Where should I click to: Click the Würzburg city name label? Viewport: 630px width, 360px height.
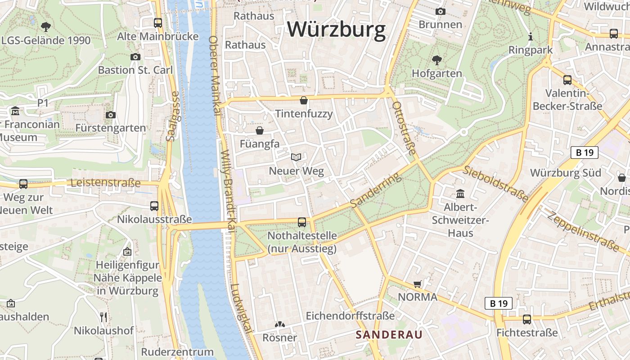click(x=337, y=30)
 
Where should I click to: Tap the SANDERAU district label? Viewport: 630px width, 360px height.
click(x=389, y=335)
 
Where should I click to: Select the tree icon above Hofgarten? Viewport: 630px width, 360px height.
click(x=436, y=60)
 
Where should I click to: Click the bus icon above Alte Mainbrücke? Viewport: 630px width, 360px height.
click(x=157, y=22)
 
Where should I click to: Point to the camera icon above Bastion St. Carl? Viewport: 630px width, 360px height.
click(x=135, y=57)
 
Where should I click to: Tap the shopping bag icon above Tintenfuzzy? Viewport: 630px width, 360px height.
click(x=304, y=100)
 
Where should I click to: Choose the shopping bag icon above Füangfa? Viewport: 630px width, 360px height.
click(x=260, y=130)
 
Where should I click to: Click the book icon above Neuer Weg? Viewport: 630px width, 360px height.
click(x=296, y=157)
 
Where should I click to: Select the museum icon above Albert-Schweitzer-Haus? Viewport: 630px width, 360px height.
click(x=460, y=193)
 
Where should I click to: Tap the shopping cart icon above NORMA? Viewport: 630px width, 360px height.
click(x=417, y=284)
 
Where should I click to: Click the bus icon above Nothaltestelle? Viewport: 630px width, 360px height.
click(x=301, y=222)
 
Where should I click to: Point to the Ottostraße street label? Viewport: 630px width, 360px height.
click(x=404, y=127)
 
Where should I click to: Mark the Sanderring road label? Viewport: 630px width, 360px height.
click(x=375, y=191)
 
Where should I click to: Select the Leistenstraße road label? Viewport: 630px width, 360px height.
click(x=106, y=183)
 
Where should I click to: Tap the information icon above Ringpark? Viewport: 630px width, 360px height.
click(x=531, y=36)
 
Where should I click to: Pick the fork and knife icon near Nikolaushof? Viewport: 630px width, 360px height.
click(x=103, y=317)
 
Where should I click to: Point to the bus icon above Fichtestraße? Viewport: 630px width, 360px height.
click(x=526, y=319)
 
